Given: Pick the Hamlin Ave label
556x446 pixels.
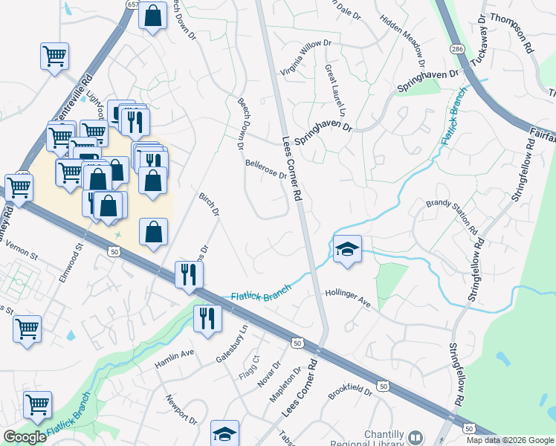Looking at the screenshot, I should tap(174, 360).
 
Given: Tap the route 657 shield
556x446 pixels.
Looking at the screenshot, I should tap(132, 4).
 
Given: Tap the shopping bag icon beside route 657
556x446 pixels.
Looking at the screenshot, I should tap(152, 16).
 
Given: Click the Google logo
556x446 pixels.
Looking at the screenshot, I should tap(25, 437).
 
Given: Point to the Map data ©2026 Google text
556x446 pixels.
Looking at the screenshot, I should tap(510, 440).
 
